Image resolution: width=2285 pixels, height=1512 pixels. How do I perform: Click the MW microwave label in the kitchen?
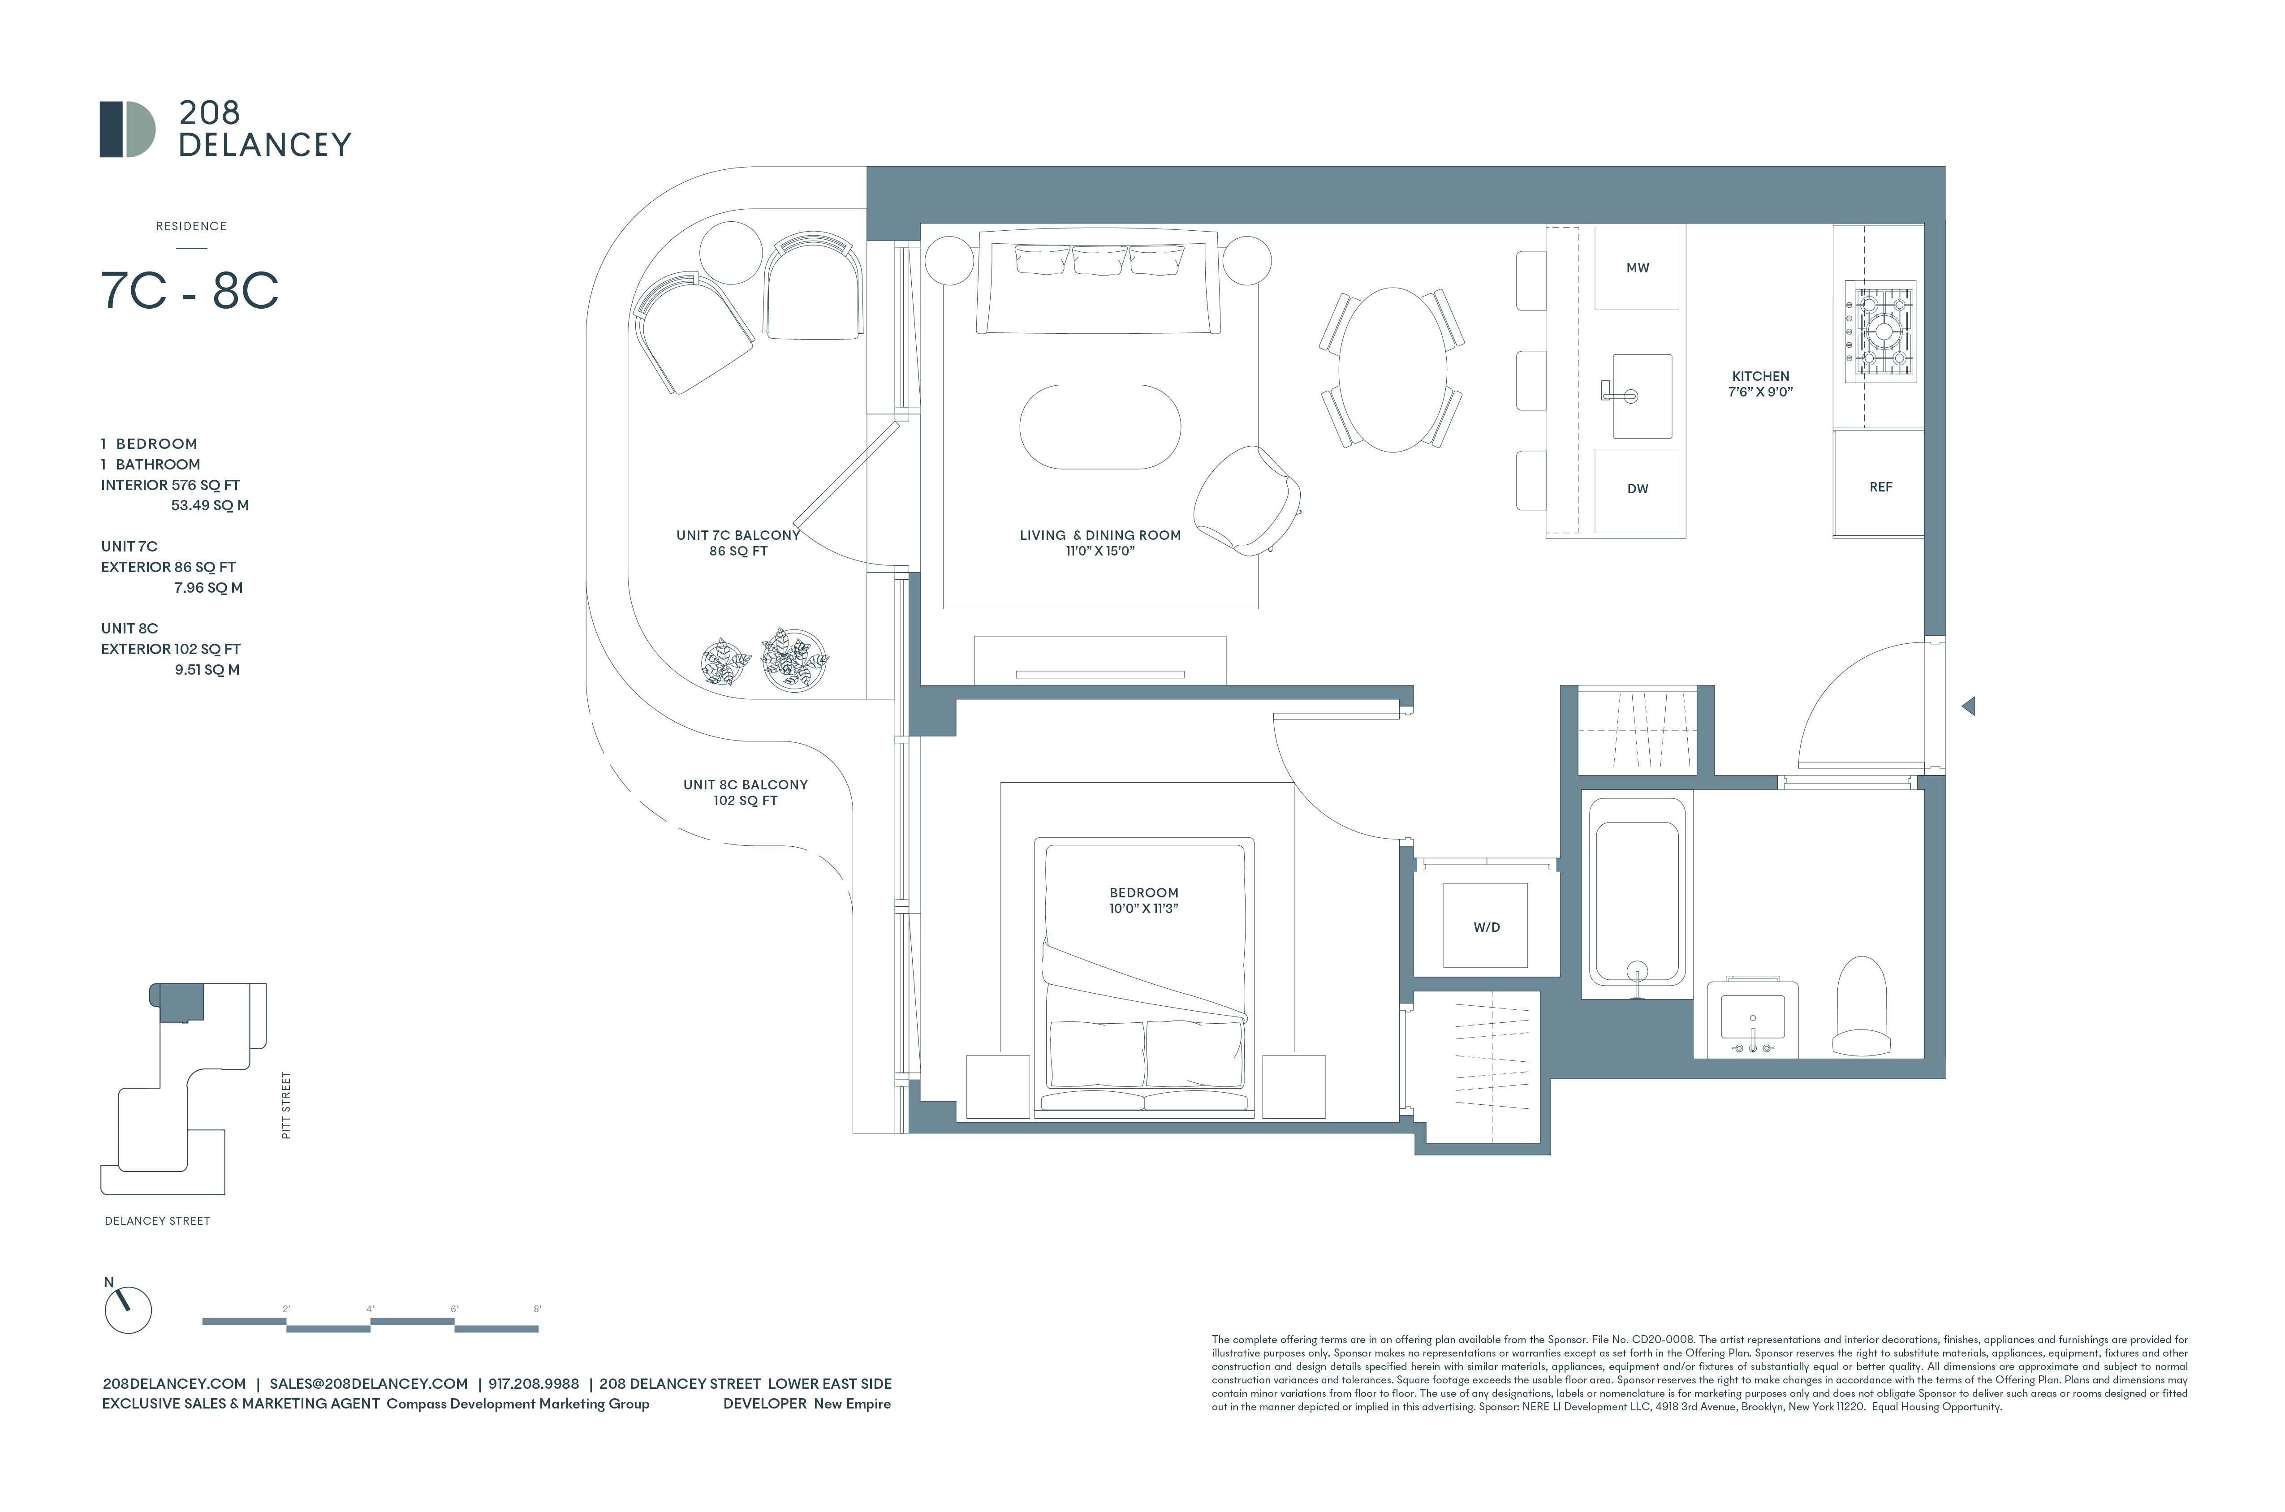click(x=1637, y=268)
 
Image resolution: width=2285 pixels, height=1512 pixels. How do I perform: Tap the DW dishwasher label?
click(x=1637, y=489)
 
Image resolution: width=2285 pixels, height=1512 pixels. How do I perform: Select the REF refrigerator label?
click(x=1880, y=487)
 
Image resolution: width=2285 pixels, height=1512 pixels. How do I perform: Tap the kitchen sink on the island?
click(x=1642, y=395)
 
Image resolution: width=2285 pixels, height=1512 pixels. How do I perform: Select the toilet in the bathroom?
click(x=1861, y=1006)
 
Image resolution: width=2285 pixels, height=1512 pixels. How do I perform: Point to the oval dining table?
click(x=1392, y=369)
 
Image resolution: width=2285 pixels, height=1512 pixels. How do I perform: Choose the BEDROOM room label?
click(x=1143, y=893)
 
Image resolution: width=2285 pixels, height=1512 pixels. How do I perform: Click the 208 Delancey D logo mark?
click(x=127, y=129)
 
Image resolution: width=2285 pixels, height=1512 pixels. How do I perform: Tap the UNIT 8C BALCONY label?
click(x=745, y=785)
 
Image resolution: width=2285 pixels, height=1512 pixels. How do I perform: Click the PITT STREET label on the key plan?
click(x=285, y=1105)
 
